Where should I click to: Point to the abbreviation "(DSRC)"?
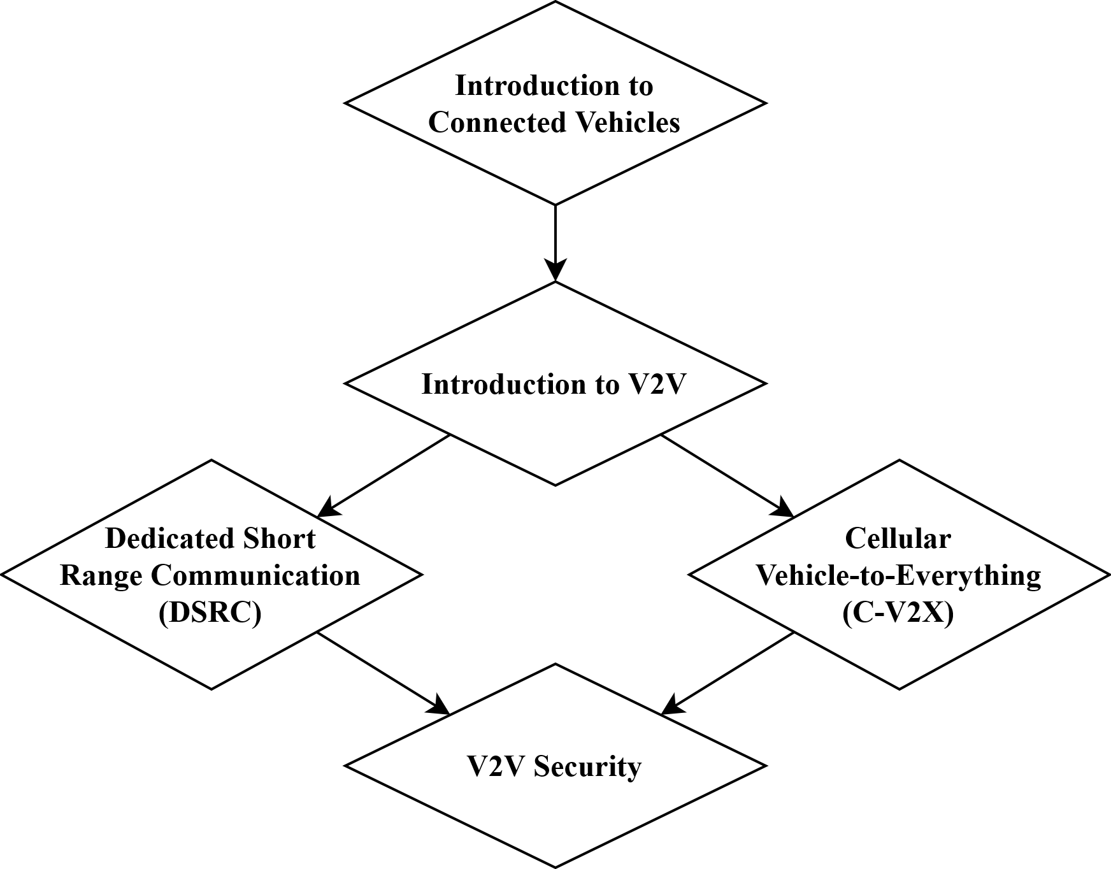click(x=210, y=613)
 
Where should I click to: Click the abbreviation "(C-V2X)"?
click(x=898, y=613)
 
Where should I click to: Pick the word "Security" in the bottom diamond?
click(x=587, y=766)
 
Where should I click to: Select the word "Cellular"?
click(x=898, y=538)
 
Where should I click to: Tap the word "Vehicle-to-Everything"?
click(x=898, y=575)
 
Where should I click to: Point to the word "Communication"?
click(x=255, y=575)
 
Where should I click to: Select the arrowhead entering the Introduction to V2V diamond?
click(x=555, y=270)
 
